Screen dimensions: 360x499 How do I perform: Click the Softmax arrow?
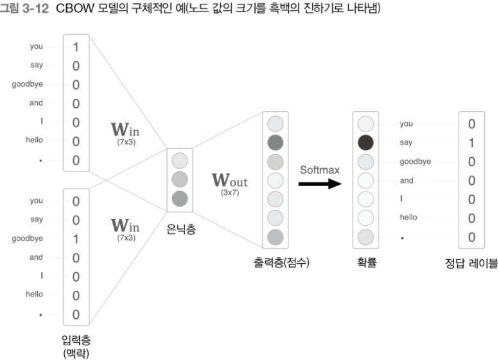320,184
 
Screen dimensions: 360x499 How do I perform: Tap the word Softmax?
319,169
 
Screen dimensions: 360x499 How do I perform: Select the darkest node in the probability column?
364,141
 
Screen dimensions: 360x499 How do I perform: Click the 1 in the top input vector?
76,47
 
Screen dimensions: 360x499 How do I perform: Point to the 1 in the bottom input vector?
76,239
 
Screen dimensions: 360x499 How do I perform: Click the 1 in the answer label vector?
471,141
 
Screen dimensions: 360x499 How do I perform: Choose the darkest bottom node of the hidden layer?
180,198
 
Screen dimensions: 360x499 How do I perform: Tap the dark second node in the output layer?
275,141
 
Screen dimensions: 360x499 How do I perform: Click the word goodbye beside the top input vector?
28,84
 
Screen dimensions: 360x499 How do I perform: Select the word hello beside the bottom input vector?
34,295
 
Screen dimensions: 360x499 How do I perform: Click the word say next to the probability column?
406,142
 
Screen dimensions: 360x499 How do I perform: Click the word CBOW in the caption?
79,8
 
